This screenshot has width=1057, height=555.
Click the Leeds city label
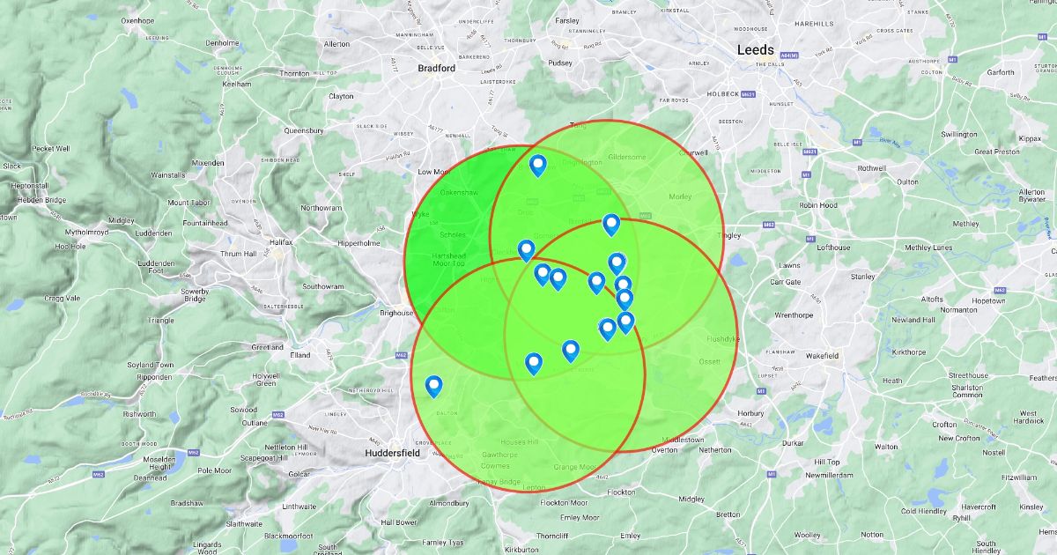(755, 50)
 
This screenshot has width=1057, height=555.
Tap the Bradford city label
(436, 68)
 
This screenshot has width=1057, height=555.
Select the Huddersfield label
(392, 453)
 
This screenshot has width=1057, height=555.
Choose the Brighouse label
(396, 313)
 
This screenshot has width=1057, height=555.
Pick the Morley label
(681, 196)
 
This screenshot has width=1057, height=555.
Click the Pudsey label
(560, 63)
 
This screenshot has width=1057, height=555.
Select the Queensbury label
(304, 130)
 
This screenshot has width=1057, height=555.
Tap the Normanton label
(958, 309)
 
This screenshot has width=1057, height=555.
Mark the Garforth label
(1000, 73)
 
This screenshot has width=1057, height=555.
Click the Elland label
(300, 355)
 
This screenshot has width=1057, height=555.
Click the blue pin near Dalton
(433, 386)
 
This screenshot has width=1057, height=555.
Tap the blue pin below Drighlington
(537, 165)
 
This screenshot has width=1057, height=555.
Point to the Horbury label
(751, 412)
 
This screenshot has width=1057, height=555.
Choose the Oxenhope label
(137, 20)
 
